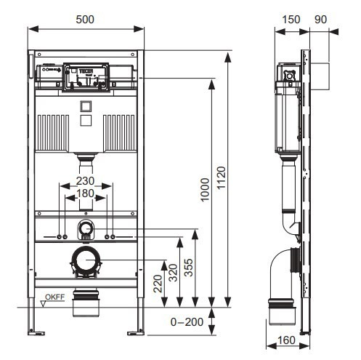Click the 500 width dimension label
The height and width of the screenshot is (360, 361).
pos(85,20)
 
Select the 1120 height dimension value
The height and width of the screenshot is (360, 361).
pos(221,177)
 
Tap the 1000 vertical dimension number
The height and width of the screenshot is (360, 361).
pos(205,190)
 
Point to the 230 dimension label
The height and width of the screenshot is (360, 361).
pos(85,181)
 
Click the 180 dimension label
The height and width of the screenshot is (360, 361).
pos(85,193)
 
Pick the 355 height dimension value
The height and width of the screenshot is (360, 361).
pos(189,268)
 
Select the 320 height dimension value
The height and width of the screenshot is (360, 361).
pos(173,273)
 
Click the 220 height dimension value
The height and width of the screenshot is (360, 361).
pos(158,284)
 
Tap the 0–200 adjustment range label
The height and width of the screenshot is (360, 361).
pos(187,322)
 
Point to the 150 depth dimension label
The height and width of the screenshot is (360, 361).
pos(291,20)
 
